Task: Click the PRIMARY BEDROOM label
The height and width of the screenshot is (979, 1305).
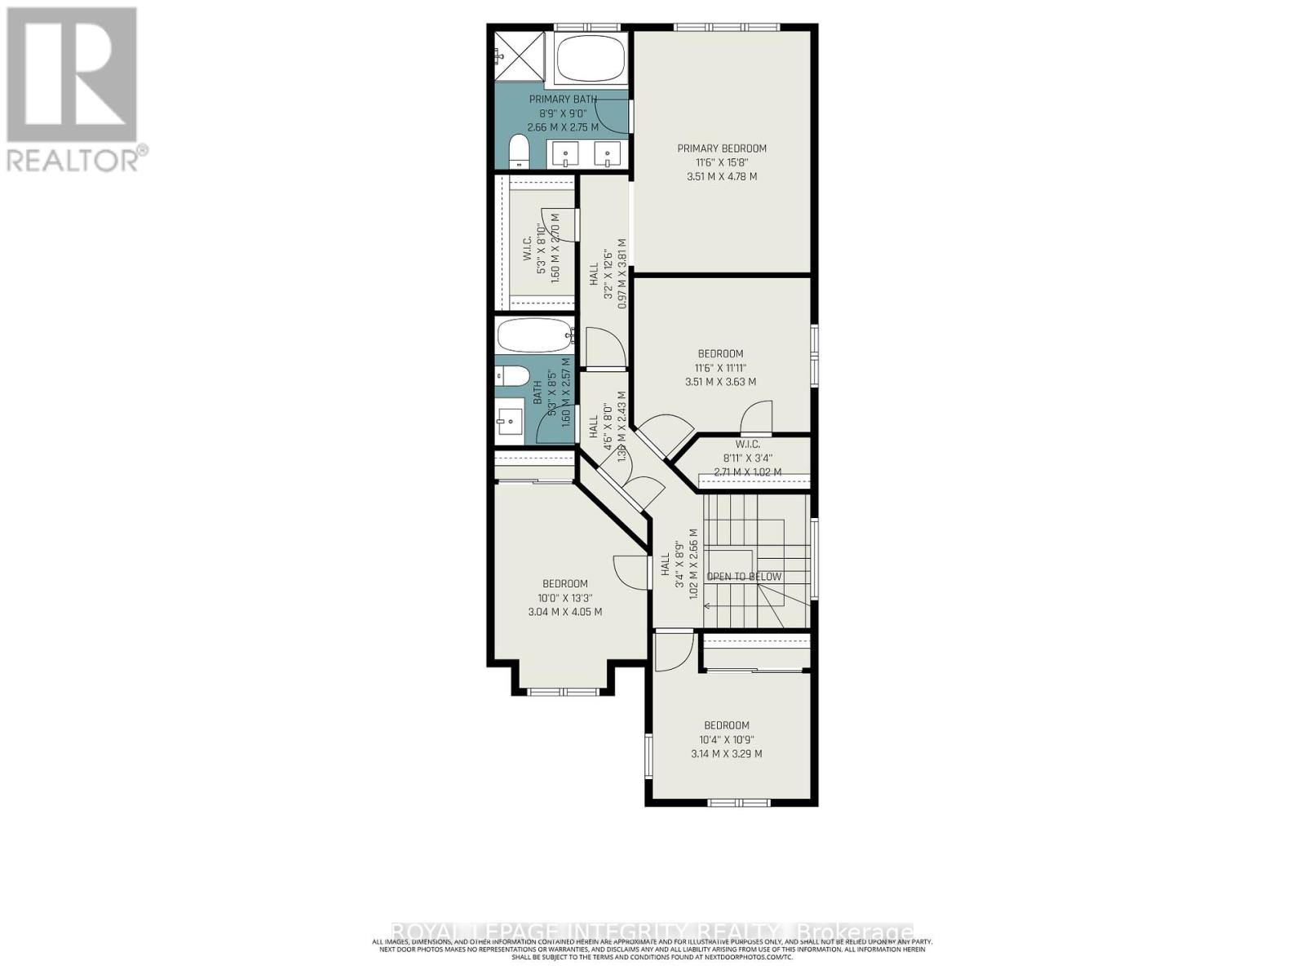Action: pyautogui.click(x=722, y=148)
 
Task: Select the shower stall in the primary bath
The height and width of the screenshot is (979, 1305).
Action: pyautogui.click(x=520, y=55)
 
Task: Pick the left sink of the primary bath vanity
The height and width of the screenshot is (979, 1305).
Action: pyautogui.click(x=564, y=153)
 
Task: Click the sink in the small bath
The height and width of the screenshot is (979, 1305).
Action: pyautogui.click(x=510, y=423)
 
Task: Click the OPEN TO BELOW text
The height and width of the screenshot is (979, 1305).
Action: pyautogui.click(x=744, y=577)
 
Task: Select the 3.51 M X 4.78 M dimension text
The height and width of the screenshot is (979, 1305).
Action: pyautogui.click(x=722, y=176)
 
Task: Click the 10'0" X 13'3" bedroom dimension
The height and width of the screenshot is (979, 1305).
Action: pyautogui.click(x=565, y=598)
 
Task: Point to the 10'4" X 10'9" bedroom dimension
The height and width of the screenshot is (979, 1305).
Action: pyautogui.click(x=727, y=740)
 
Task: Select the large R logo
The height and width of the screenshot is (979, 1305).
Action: pyautogui.click(x=72, y=74)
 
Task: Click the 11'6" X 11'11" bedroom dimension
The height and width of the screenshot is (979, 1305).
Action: pyautogui.click(x=720, y=368)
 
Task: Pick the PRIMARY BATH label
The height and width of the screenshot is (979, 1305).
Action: pyautogui.click(x=563, y=100)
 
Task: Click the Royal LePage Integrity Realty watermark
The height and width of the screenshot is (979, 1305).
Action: pyautogui.click(x=652, y=932)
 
